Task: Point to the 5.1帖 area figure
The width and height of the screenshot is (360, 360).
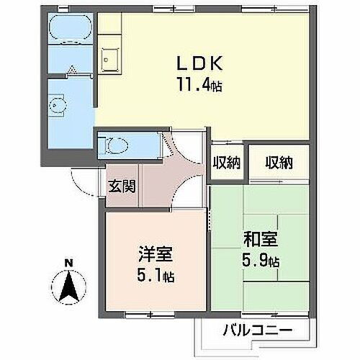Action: point(156,275)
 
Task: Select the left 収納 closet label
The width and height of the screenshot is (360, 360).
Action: point(225,162)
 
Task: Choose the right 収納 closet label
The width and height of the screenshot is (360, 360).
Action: point(277,162)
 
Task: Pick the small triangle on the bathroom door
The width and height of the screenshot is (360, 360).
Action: point(72,69)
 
